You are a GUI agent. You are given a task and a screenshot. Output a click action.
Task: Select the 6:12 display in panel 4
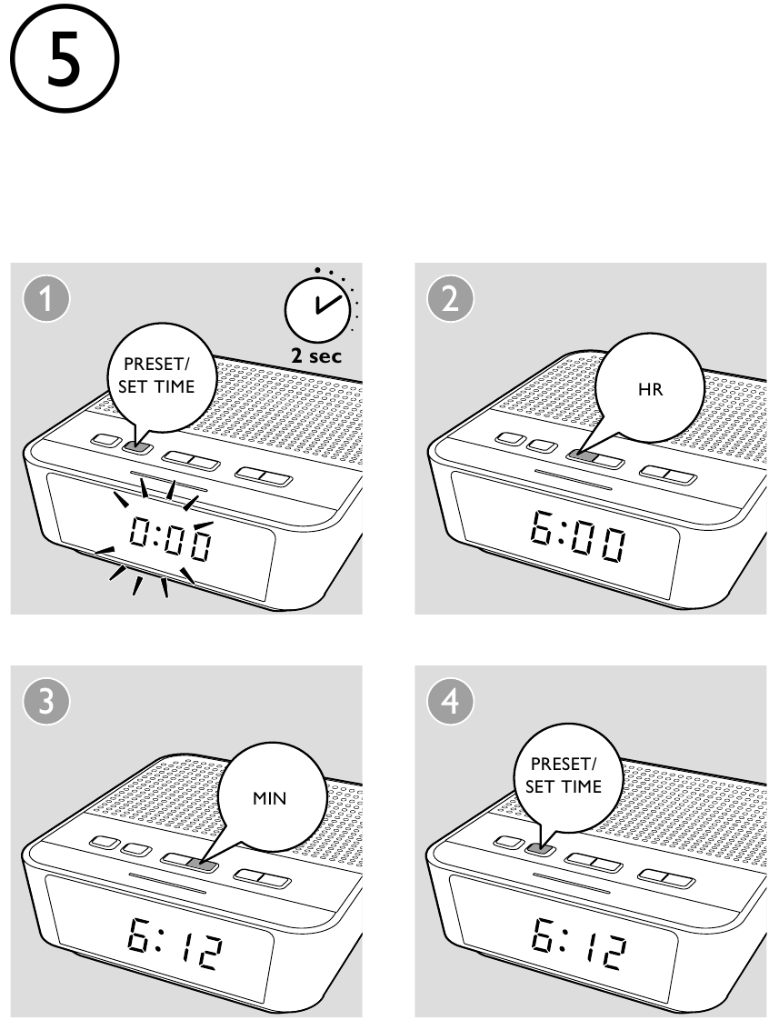coord(575,945)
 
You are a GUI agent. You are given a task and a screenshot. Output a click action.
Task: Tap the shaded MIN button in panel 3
coord(205,864)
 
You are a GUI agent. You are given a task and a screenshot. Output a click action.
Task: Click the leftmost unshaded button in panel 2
coord(511,441)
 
